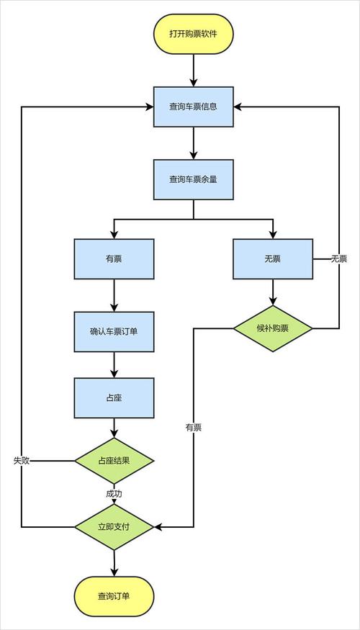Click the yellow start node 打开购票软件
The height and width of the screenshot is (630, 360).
193,34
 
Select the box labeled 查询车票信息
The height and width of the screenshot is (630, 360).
193,107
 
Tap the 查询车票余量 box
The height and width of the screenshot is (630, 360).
193,179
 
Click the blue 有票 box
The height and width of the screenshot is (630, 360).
114,258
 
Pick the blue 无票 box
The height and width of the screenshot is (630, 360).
273,258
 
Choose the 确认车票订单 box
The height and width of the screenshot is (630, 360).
114,331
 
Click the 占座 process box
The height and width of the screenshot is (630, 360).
114,397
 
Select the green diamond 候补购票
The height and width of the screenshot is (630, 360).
273,328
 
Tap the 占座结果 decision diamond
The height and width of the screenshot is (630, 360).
114,460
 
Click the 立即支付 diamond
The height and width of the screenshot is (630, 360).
114,527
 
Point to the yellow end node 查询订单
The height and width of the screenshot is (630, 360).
114,595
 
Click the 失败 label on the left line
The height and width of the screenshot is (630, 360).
22,460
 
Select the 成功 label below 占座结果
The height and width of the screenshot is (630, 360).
114,494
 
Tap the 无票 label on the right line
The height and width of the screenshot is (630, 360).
338,258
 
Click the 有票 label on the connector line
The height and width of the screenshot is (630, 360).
193,427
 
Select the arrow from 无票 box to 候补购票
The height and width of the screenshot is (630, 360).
273,292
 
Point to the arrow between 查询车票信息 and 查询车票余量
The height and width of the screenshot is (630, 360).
193,143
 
